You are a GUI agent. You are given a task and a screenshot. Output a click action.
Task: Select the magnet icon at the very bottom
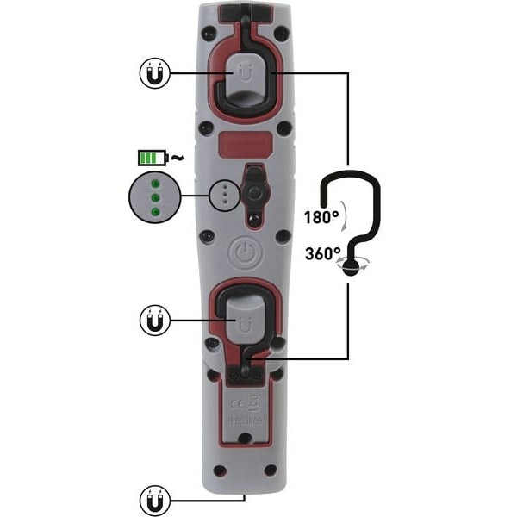tap(153, 498)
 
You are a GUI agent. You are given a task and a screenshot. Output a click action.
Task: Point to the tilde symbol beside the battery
tap(177, 157)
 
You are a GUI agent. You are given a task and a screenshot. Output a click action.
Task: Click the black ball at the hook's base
tap(352, 266)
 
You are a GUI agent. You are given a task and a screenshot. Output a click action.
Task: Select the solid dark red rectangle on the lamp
tap(244, 143)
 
